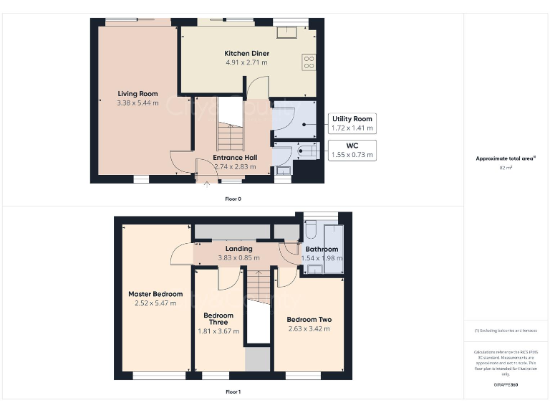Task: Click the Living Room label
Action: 137,94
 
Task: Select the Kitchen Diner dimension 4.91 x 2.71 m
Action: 246,62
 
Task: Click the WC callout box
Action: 352,150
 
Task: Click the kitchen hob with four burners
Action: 309,62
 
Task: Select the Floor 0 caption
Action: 233,199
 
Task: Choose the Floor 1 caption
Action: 233,392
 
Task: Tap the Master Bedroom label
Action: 155,294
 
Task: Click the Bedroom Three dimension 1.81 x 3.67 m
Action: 218,331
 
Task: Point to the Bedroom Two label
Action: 309,320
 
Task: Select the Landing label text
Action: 238,249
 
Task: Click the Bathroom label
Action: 322,250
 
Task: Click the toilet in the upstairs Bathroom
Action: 310,229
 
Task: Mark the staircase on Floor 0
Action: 231,134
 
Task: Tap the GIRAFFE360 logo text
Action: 506,385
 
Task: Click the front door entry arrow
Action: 208,184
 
